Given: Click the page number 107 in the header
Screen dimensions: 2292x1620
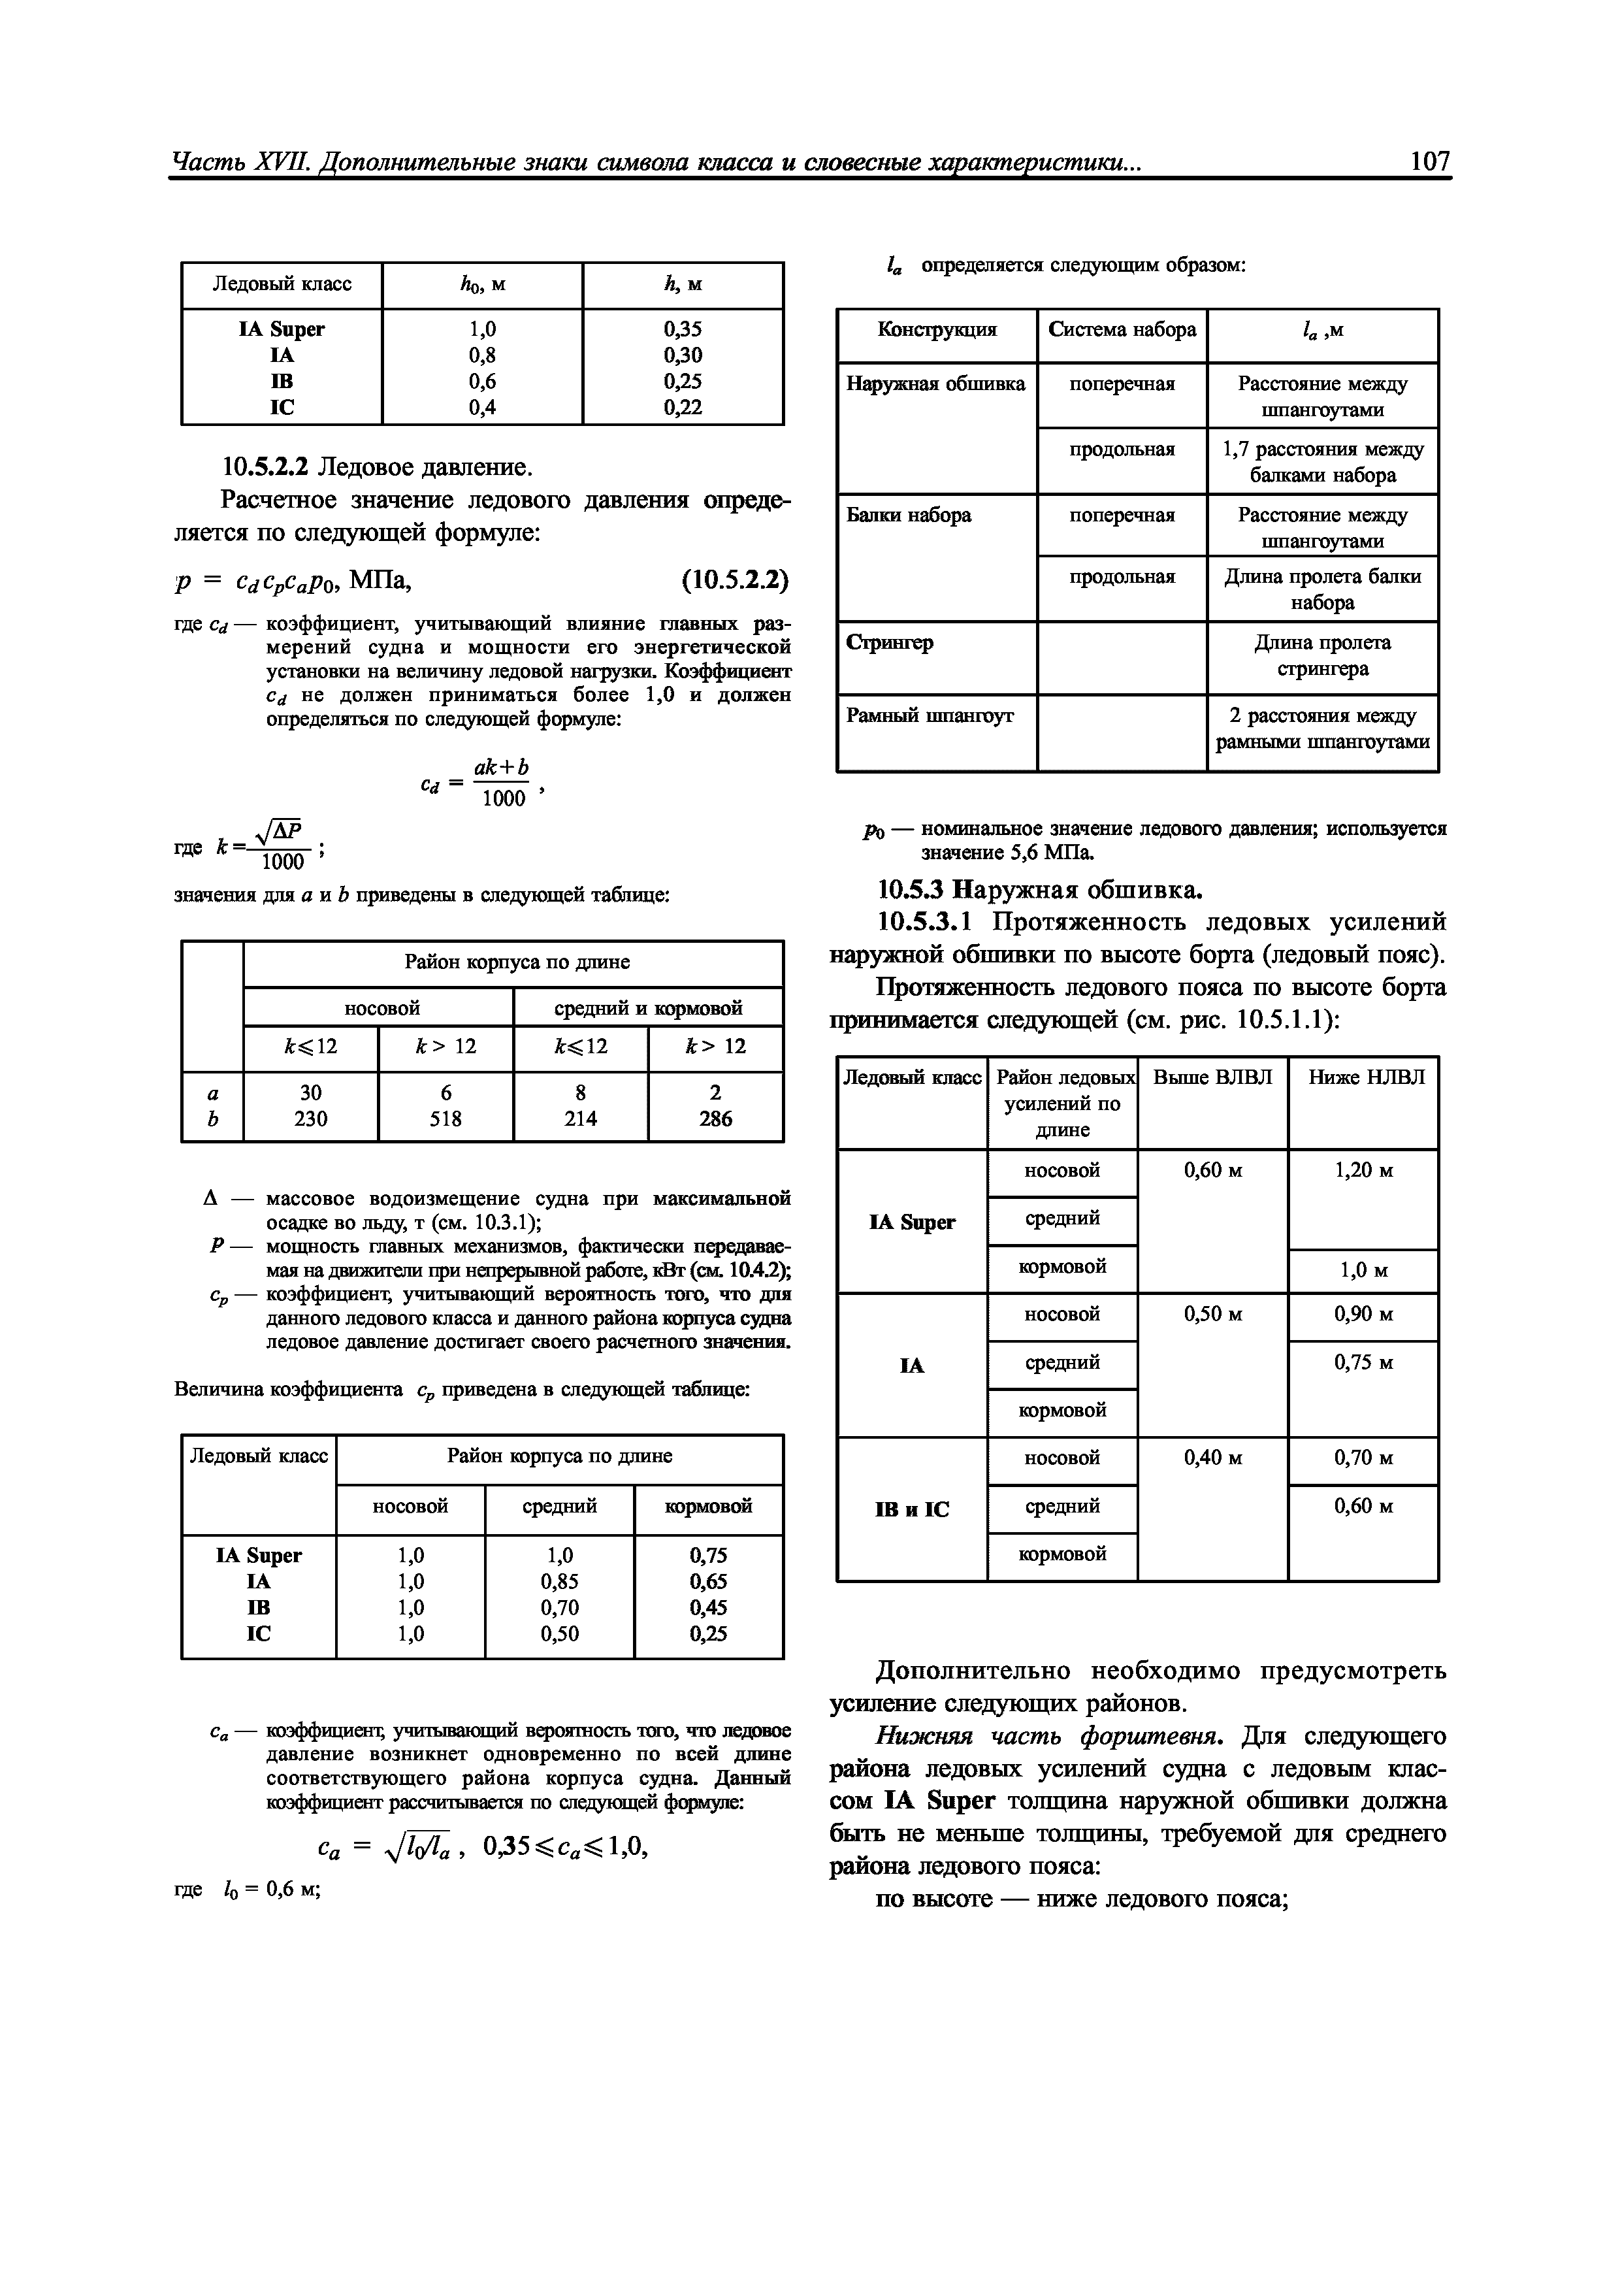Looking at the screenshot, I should [x=1429, y=162].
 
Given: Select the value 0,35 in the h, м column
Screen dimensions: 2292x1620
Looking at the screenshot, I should [x=682, y=329].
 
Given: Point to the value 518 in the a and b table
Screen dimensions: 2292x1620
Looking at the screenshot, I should [x=445, y=1119].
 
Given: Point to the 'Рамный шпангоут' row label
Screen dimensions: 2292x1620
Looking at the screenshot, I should [x=930, y=715].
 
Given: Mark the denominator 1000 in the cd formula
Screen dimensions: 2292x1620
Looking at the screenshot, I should [x=502, y=798].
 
